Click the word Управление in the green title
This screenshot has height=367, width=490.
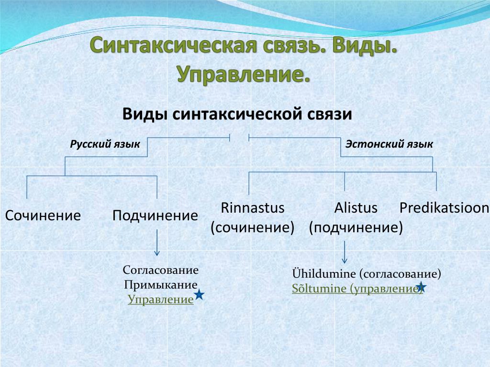coord(244,74)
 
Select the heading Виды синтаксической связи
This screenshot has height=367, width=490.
coord(237,114)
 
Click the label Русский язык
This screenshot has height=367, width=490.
coord(105,144)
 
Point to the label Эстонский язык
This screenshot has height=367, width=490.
coord(389,144)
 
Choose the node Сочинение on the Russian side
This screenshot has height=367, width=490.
coord(43,216)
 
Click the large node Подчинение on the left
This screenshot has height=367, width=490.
coord(156,216)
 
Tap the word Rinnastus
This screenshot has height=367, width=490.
coord(253,208)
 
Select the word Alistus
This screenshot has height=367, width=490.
coord(356,208)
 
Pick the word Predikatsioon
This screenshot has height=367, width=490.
coord(444,208)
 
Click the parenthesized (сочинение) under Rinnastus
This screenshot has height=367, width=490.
coord(253,227)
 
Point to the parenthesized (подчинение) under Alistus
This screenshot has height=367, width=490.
coord(356,227)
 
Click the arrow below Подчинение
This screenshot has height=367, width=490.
coord(157,243)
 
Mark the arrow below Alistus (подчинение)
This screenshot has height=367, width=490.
coord(345,252)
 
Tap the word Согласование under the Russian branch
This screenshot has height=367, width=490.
coord(161,270)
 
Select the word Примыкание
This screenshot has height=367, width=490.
coord(161,285)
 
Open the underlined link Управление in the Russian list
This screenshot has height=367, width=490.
coord(161,299)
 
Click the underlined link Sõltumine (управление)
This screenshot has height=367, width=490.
coord(357,288)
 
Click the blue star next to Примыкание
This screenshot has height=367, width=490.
coord(199,294)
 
